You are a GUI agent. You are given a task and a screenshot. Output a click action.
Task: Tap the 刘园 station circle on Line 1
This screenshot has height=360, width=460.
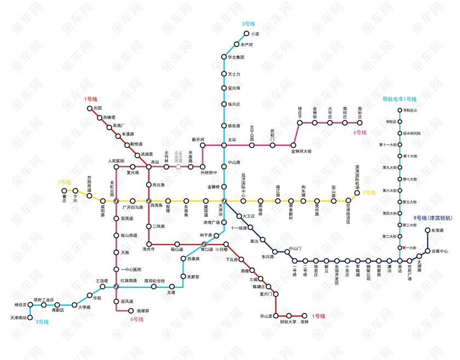coord(90,108)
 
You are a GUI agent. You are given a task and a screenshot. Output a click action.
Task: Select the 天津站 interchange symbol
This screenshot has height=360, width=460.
coord(224,201)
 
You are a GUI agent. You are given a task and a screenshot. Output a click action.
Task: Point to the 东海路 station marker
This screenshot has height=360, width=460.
coord(428,230)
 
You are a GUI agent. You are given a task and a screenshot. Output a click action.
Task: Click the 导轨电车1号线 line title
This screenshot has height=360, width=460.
coord(399,99)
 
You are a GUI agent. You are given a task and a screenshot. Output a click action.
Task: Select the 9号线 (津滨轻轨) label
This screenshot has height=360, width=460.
coord(433,218)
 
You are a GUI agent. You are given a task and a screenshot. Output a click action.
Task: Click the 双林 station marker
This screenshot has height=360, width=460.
coord(304,315)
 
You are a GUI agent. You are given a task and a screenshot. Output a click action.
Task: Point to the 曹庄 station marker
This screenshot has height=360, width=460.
coord(64,191)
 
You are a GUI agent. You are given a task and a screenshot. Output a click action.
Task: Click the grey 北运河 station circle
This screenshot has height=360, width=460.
coord(178,166)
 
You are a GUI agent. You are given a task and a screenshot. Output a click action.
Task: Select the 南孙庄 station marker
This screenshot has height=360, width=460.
coord(360,123)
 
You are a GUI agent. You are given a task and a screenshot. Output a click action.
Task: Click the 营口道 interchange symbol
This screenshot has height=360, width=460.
coord(204,244)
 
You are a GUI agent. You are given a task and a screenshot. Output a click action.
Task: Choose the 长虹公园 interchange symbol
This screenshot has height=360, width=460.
coord(116,201)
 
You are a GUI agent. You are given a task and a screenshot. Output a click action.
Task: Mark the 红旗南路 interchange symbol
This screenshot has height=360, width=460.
coord(116,286)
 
